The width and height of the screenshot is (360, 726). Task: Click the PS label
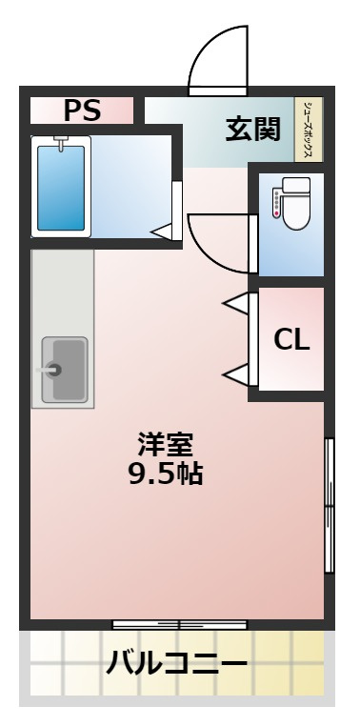tap(82, 111)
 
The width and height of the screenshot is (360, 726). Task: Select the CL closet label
tap(291, 340)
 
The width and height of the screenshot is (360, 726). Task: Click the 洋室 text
tap(166, 444)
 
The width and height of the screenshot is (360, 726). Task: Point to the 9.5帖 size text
tap(166, 473)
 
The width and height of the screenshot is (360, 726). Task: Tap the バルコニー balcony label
tap(177, 661)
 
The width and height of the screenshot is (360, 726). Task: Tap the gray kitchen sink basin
tap(64, 369)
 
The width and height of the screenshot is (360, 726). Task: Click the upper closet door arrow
tap(238, 304)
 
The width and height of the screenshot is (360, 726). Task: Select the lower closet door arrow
tap(238, 373)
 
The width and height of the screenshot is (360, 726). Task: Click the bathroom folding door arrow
tap(163, 230)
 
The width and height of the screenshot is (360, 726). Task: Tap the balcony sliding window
tap(179, 624)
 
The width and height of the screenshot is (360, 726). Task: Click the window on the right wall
tap(330, 505)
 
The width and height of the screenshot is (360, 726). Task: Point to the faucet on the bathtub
tap(62, 144)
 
